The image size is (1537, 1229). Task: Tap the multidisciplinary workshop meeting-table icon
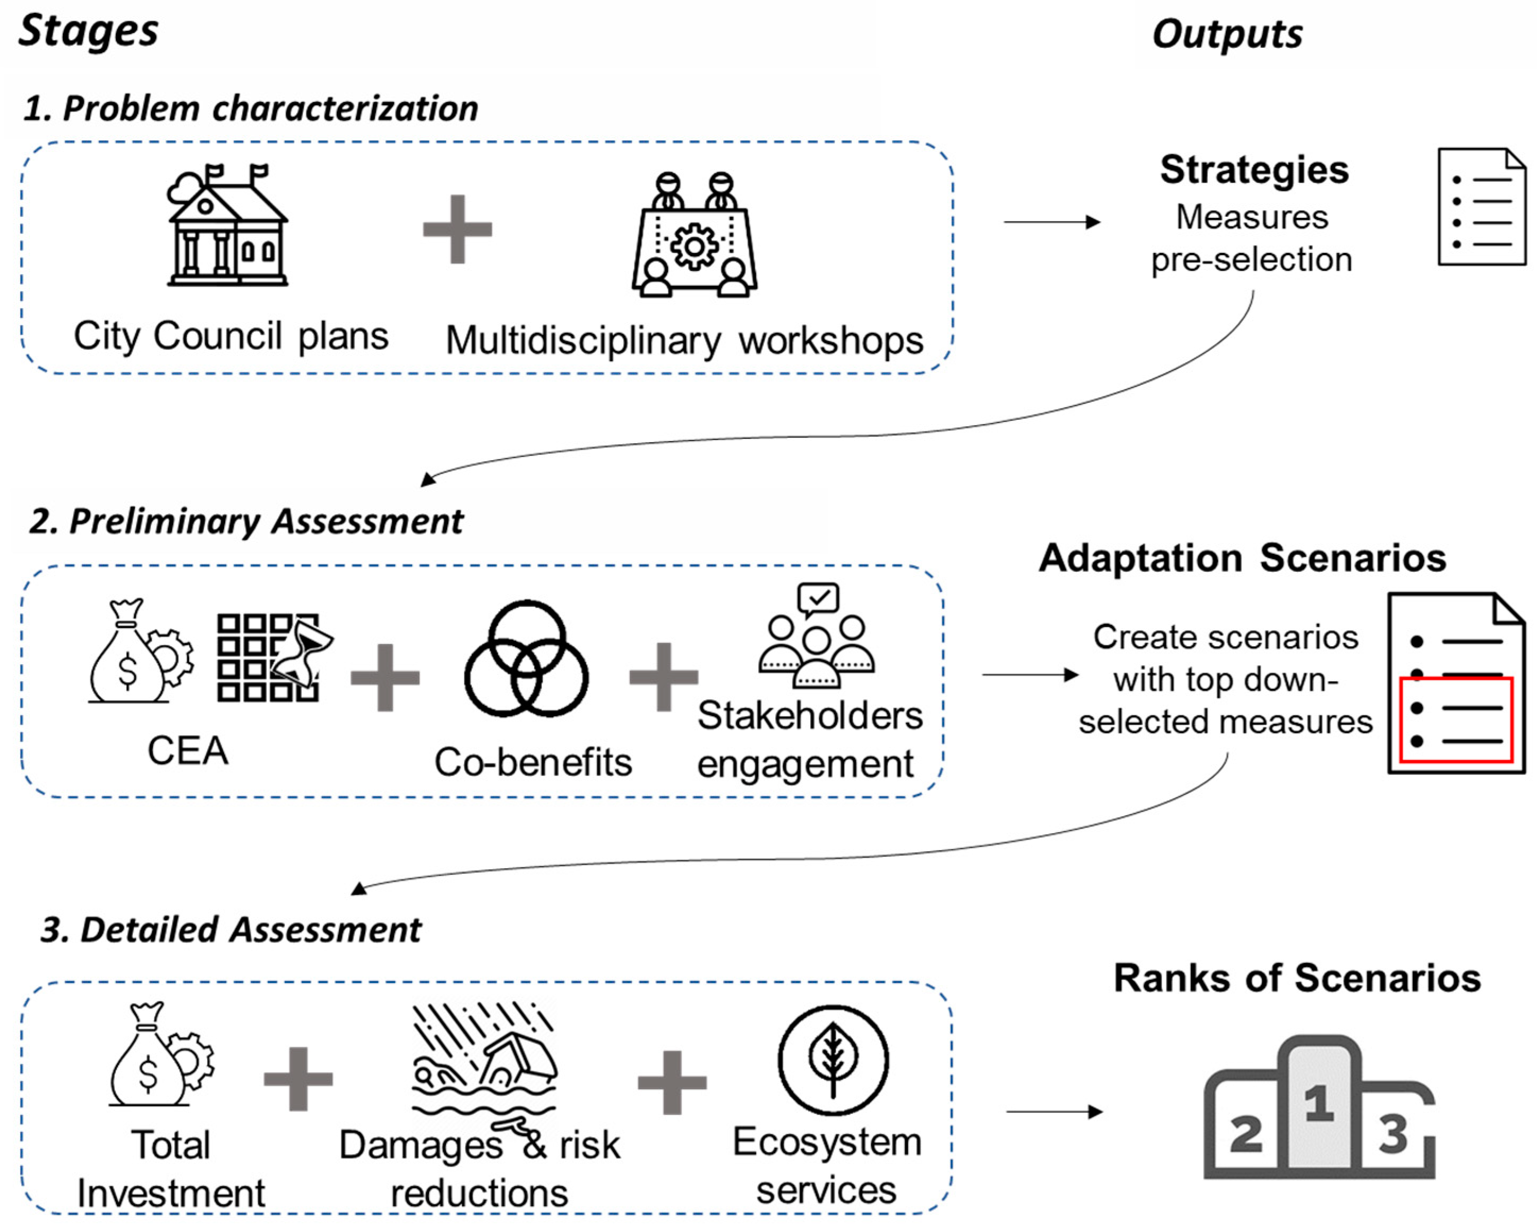(694, 235)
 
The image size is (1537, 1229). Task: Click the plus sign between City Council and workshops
(457, 229)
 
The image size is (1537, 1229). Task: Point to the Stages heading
(89, 32)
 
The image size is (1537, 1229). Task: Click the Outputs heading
(1227, 34)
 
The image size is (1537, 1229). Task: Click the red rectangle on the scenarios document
(1456, 720)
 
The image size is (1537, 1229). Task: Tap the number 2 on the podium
(1246, 1134)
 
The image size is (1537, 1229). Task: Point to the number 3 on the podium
(1393, 1133)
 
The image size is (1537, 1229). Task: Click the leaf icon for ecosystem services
(832, 1060)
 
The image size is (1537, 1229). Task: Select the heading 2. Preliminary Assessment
(246, 521)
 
